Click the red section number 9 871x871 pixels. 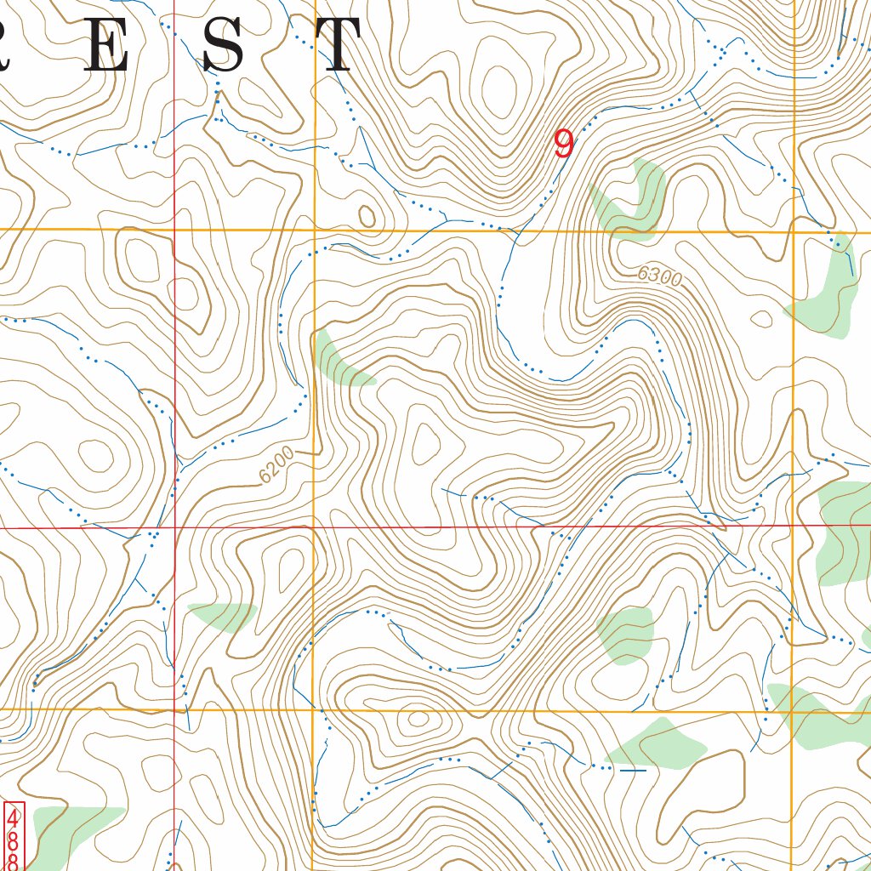click(x=563, y=144)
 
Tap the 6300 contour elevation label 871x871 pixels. click(x=660, y=276)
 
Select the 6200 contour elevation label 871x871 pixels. click(x=276, y=465)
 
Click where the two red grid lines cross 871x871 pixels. click(x=174, y=527)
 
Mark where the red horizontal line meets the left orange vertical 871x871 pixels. click(x=314, y=527)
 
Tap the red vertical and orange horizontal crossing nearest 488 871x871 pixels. click(x=175, y=709)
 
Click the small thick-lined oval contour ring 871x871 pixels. click(x=367, y=216)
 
